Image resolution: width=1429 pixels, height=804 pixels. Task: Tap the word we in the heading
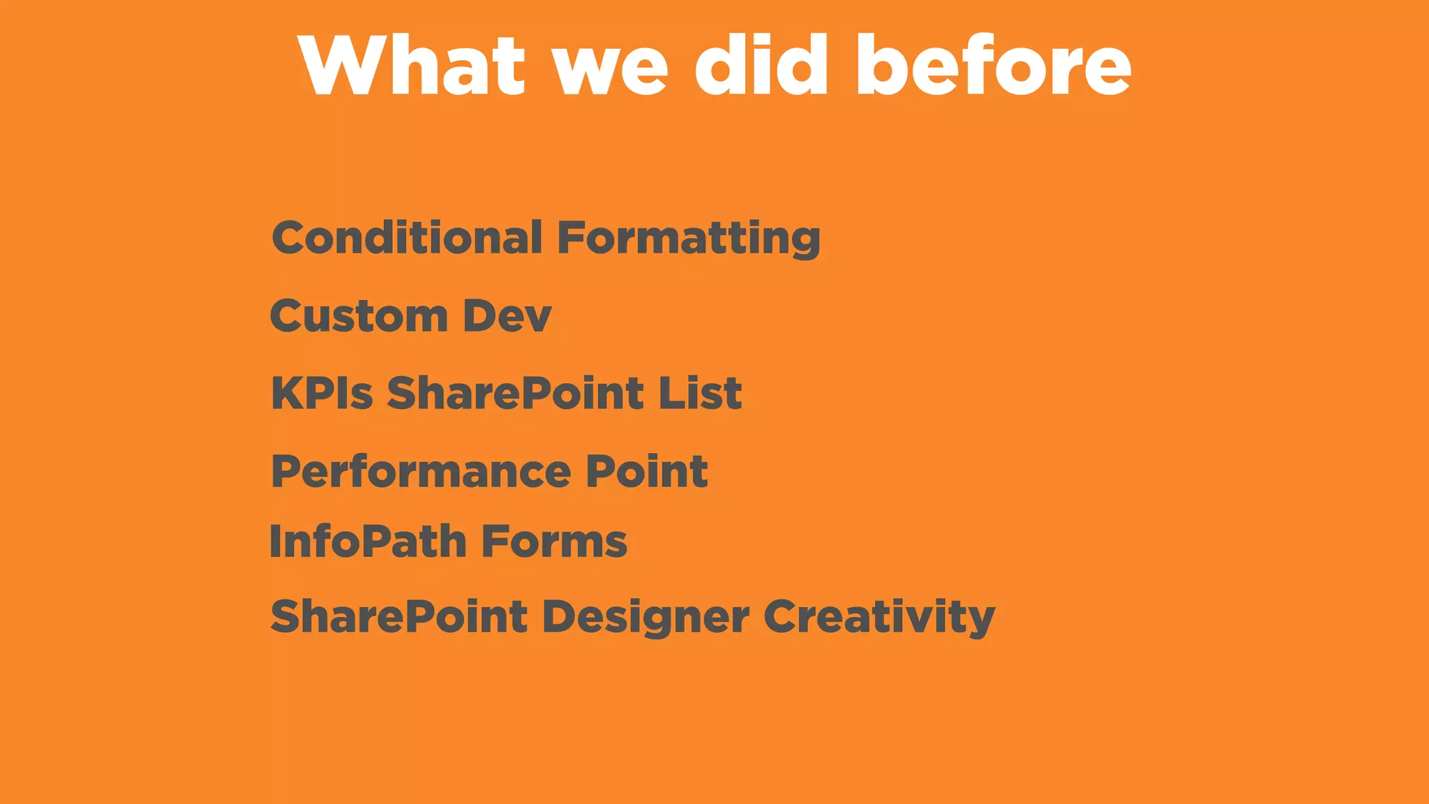coord(611,70)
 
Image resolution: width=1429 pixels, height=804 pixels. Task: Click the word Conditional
coord(407,238)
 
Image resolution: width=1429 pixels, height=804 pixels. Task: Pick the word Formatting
coord(688,239)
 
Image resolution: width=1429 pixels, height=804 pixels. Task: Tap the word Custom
coord(359,316)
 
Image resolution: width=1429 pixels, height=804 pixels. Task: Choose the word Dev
coord(507,316)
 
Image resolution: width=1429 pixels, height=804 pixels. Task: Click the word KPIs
coord(322,393)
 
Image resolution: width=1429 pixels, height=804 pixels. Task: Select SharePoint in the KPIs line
coord(515,393)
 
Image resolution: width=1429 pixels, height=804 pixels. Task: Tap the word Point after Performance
coord(646,471)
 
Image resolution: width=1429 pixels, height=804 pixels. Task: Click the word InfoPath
coord(368,542)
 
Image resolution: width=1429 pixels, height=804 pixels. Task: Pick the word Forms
coord(554,542)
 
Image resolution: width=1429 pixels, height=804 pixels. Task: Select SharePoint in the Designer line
coord(398,617)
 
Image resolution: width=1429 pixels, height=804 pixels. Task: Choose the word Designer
coord(645,618)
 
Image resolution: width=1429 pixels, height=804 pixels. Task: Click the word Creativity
coord(878,618)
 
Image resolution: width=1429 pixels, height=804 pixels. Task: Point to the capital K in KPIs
coord(285,393)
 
